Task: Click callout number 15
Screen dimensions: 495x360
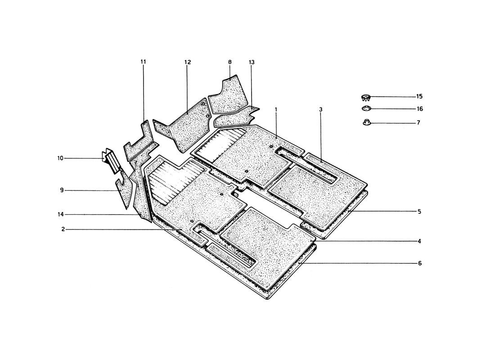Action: pyautogui.click(x=419, y=96)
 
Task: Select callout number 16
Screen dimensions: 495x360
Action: pyautogui.click(x=419, y=109)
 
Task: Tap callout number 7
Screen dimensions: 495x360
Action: pyautogui.click(x=418, y=122)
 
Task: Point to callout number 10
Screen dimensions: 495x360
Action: pyautogui.click(x=60, y=158)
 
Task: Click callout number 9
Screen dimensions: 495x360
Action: pyautogui.click(x=62, y=190)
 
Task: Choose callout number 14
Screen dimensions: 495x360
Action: pyautogui.click(x=61, y=214)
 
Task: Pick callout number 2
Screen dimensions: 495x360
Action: pyautogui.click(x=63, y=229)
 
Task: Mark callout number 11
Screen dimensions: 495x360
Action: pyautogui.click(x=143, y=62)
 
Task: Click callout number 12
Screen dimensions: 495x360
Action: pyautogui.click(x=188, y=62)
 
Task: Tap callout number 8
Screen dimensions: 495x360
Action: pyautogui.click(x=230, y=62)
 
